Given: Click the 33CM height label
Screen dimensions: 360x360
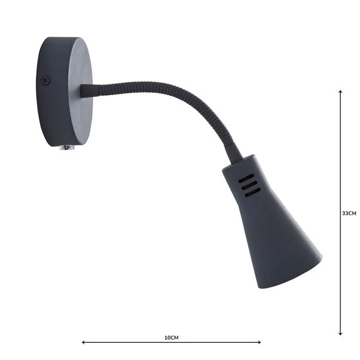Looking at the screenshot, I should tap(349, 213).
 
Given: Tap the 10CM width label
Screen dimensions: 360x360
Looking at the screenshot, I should tap(171, 337).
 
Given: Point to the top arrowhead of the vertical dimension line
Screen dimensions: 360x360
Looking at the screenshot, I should tap(340, 92).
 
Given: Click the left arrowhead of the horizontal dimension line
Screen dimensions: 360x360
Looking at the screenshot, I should tap(84, 343).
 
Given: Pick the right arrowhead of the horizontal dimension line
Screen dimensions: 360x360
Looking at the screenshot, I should tap(259, 343).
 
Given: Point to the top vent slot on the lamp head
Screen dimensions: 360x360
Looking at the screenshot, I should tap(245, 177).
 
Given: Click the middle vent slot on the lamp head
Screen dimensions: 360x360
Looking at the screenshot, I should tap(248, 184).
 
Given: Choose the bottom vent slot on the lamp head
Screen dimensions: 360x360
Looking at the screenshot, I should tap(251, 191).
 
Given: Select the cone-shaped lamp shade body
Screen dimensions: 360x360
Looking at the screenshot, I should tap(269, 227).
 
